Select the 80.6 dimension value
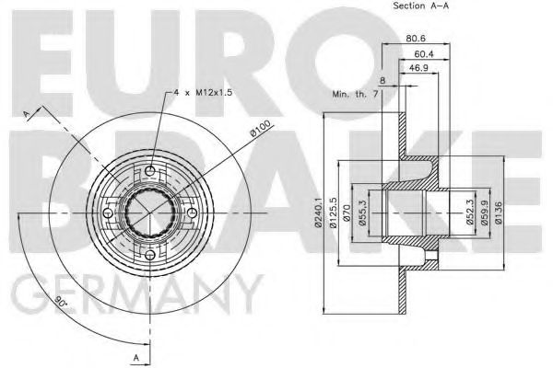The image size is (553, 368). pos(416,39)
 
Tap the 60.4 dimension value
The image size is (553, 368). pos(423,56)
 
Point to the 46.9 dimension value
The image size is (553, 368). pos(418,69)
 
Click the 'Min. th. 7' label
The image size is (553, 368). pos(357,94)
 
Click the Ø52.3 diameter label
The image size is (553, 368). pos(470,213)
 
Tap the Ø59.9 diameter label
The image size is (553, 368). pos(484,213)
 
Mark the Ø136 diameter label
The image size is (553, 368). pos(498,213)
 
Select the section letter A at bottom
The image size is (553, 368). pos(135,356)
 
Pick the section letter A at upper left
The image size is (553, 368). pos(27,112)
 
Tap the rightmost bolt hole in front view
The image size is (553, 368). pos(192,214)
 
